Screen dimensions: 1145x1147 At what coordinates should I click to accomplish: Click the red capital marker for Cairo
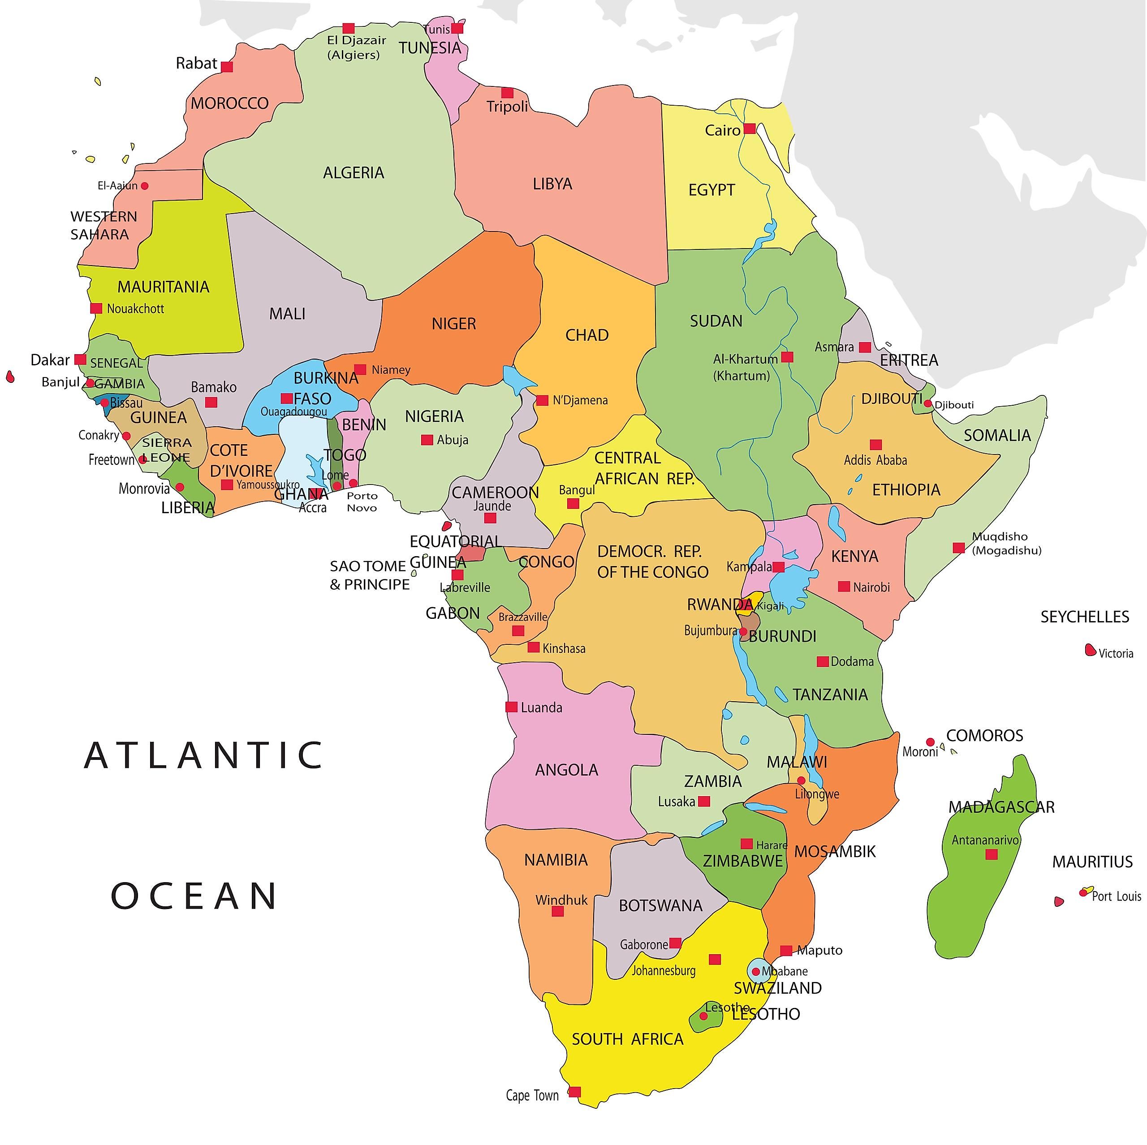point(750,128)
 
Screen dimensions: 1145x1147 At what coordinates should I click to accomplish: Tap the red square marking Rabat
point(227,66)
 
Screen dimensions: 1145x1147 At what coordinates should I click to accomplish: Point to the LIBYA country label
point(552,184)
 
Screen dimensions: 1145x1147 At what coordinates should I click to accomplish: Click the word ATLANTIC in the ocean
point(203,755)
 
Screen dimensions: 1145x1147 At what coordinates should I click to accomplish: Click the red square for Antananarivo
point(992,854)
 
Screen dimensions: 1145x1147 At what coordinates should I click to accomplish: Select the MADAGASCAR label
point(1001,807)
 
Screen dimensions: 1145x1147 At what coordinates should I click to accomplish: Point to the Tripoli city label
point(507,107)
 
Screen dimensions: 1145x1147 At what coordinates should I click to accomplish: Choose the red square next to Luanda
point(511,707)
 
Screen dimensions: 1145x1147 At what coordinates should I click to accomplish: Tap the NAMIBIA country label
point(556,860)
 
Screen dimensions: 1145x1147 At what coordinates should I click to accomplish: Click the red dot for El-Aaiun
point(144,186)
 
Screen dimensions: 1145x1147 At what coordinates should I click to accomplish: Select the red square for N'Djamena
point(542,400)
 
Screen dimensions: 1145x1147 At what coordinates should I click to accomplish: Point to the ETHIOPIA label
point(906,489)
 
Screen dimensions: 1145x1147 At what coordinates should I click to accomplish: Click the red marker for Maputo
point(786,950)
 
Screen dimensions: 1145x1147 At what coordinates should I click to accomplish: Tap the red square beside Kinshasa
point(534,647)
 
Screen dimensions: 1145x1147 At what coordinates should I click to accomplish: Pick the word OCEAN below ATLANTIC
point(194,896)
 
